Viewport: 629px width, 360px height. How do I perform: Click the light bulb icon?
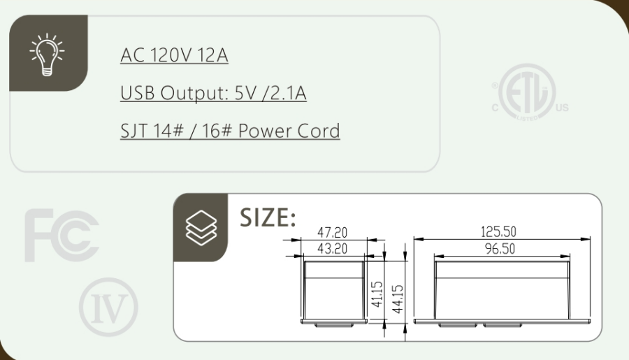click(x=48, y=55)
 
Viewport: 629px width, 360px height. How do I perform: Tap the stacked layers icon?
click(x=201, y=228)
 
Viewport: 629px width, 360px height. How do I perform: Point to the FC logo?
click(x=62, y=235)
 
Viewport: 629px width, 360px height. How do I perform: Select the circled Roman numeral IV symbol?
click(x=108, y=307)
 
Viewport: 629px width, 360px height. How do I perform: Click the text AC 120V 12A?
click(x=174, y=55)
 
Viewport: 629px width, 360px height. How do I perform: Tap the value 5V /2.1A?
click(x=270, y=93)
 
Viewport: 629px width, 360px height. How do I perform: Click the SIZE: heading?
click(x=268, y=218)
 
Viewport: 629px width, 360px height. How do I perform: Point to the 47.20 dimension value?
click(x=332, y=232)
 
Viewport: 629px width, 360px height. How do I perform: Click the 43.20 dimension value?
click(x=332, y=249)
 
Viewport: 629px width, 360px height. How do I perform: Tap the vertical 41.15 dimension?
click(x=377, y=294)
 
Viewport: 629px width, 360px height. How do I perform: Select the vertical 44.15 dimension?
click(x=398, y=299)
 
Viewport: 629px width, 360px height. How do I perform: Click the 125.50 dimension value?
click(x=498, y=231)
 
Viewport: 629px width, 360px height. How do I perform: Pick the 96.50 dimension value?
click(x=500, y=249)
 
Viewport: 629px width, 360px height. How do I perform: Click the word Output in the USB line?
click(x=194, y=93)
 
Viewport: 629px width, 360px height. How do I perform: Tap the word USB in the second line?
click(x=138, y=93)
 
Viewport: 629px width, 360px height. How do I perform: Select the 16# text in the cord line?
click(x=217, y=131)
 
